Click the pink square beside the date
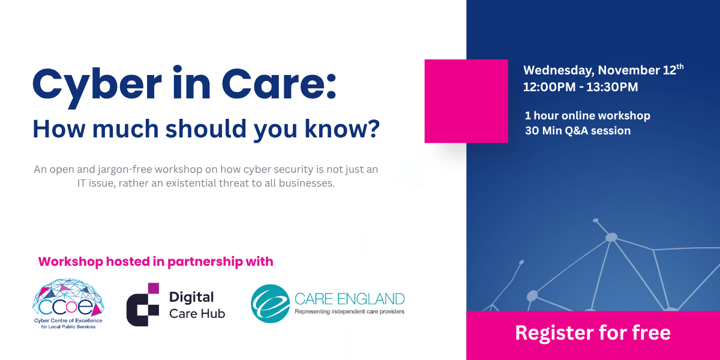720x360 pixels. point(466,101)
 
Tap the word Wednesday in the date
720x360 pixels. point(558,70)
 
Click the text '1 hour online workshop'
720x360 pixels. point(587,116)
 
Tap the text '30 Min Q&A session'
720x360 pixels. point(577,131)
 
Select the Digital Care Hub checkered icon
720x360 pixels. point(143,304)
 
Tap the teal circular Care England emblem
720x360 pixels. point(269,304)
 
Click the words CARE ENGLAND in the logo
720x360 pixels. point(349,298)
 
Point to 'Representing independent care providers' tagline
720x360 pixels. point(349,311)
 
